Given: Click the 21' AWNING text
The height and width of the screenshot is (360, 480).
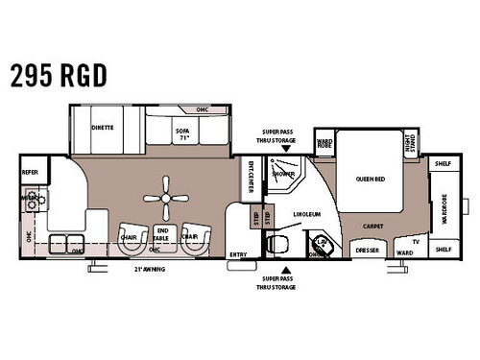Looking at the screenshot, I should [151, 269].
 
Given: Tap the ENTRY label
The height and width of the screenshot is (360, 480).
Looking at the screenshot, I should [238, 253].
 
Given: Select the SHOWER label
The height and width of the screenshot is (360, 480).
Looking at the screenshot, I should [282, 175].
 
